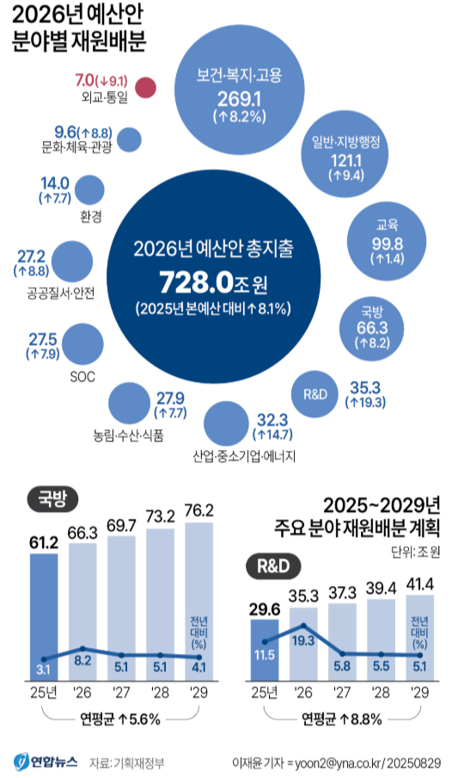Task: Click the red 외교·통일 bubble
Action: pyautogui.click(x=146, y=88)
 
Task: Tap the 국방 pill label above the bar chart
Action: pyautogui.click(x=52, y=498)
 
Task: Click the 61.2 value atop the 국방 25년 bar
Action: pyautogui.click(x=44, y=541)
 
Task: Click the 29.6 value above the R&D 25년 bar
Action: pyautogui.click(x=265, y=609)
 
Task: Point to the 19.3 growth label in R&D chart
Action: pyautogui.click(x=303, y=639)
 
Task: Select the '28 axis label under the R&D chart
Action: pyautogui.click(x=382, y=692)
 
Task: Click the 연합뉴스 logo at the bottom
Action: pyautogui.click(x=46, y=761)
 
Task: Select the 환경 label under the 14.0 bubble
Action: pyautogui.click(x=89, y=217)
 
